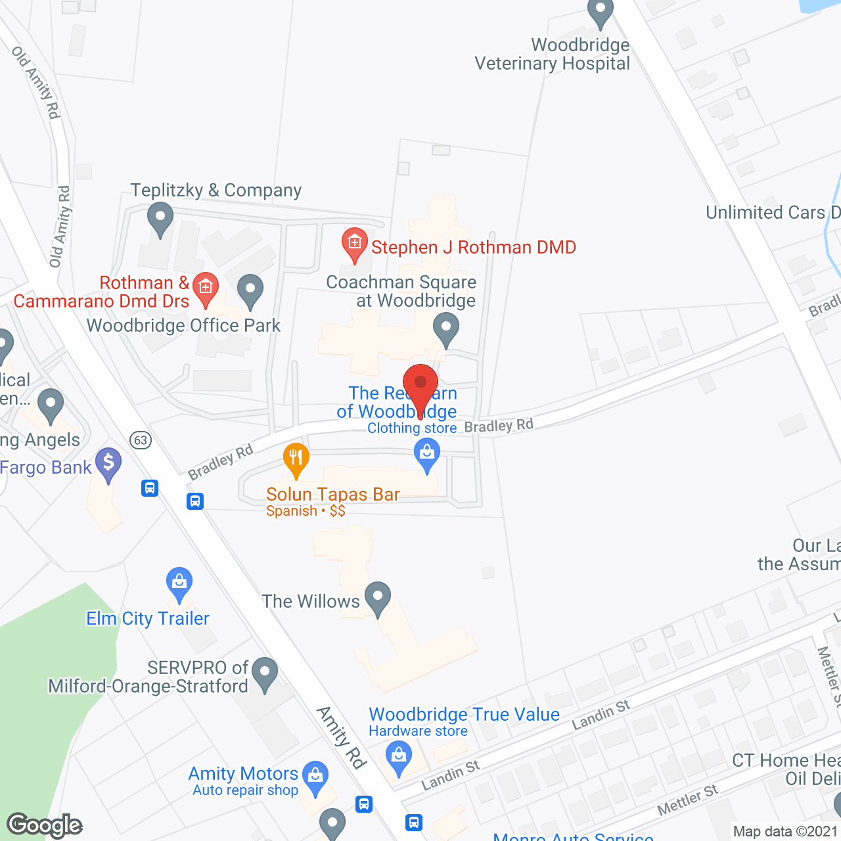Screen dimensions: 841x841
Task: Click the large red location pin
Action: coord(420,385)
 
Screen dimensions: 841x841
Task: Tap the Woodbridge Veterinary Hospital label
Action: coord(552,55)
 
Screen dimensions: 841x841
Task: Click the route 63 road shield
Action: coord(140,440)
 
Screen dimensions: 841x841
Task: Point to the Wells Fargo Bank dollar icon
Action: coord(108,464)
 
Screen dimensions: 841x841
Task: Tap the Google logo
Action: coord(45,825)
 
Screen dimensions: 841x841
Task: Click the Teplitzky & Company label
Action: coord(216,191)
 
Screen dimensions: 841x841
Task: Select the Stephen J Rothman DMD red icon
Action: coord(355,244)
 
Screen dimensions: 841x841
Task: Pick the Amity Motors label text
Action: coord(243,774)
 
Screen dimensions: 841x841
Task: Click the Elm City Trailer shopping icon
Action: coord(179,582)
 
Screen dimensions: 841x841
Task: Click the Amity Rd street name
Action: coord(340,737)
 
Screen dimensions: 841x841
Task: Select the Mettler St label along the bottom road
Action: coord(687,800)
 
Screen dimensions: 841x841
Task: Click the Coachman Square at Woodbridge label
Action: coord(401,291)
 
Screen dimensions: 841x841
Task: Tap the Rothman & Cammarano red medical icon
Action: coord(206,288)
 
